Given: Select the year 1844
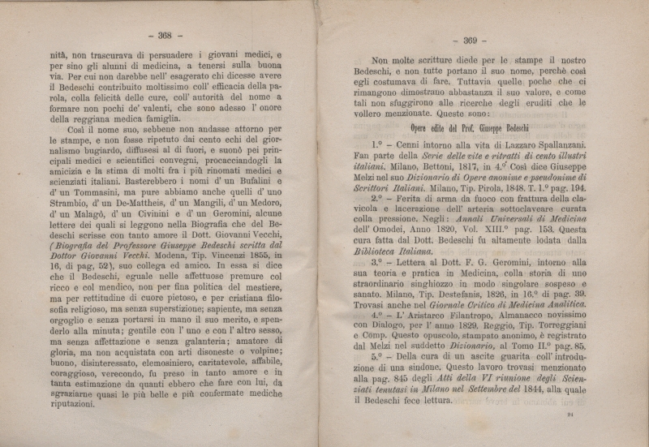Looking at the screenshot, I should tap(511, 389).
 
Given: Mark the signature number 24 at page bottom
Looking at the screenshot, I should tap(570, 415).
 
